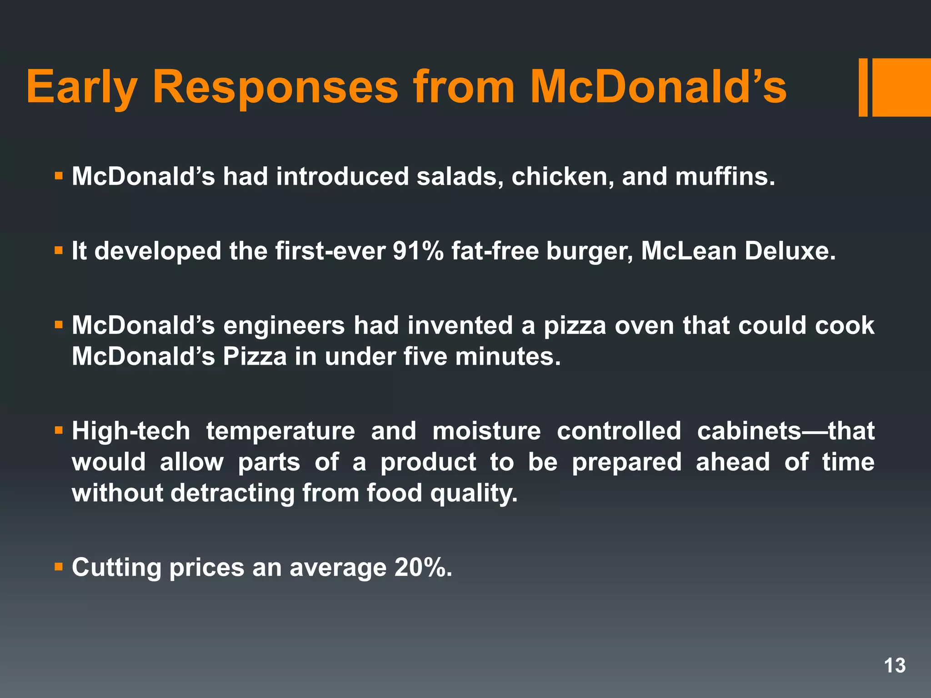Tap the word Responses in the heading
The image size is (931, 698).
[275, 87]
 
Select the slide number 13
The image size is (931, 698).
[895, 666]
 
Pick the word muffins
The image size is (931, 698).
[725, 176]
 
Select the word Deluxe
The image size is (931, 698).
[790, 251]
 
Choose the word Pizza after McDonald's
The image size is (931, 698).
[255, 357]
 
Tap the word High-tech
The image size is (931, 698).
[131, 431]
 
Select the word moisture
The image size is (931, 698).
[486, 431]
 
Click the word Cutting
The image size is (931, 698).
[116, 568]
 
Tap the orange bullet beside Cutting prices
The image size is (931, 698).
[58, 567]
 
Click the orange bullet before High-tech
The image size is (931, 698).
[58, 430]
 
